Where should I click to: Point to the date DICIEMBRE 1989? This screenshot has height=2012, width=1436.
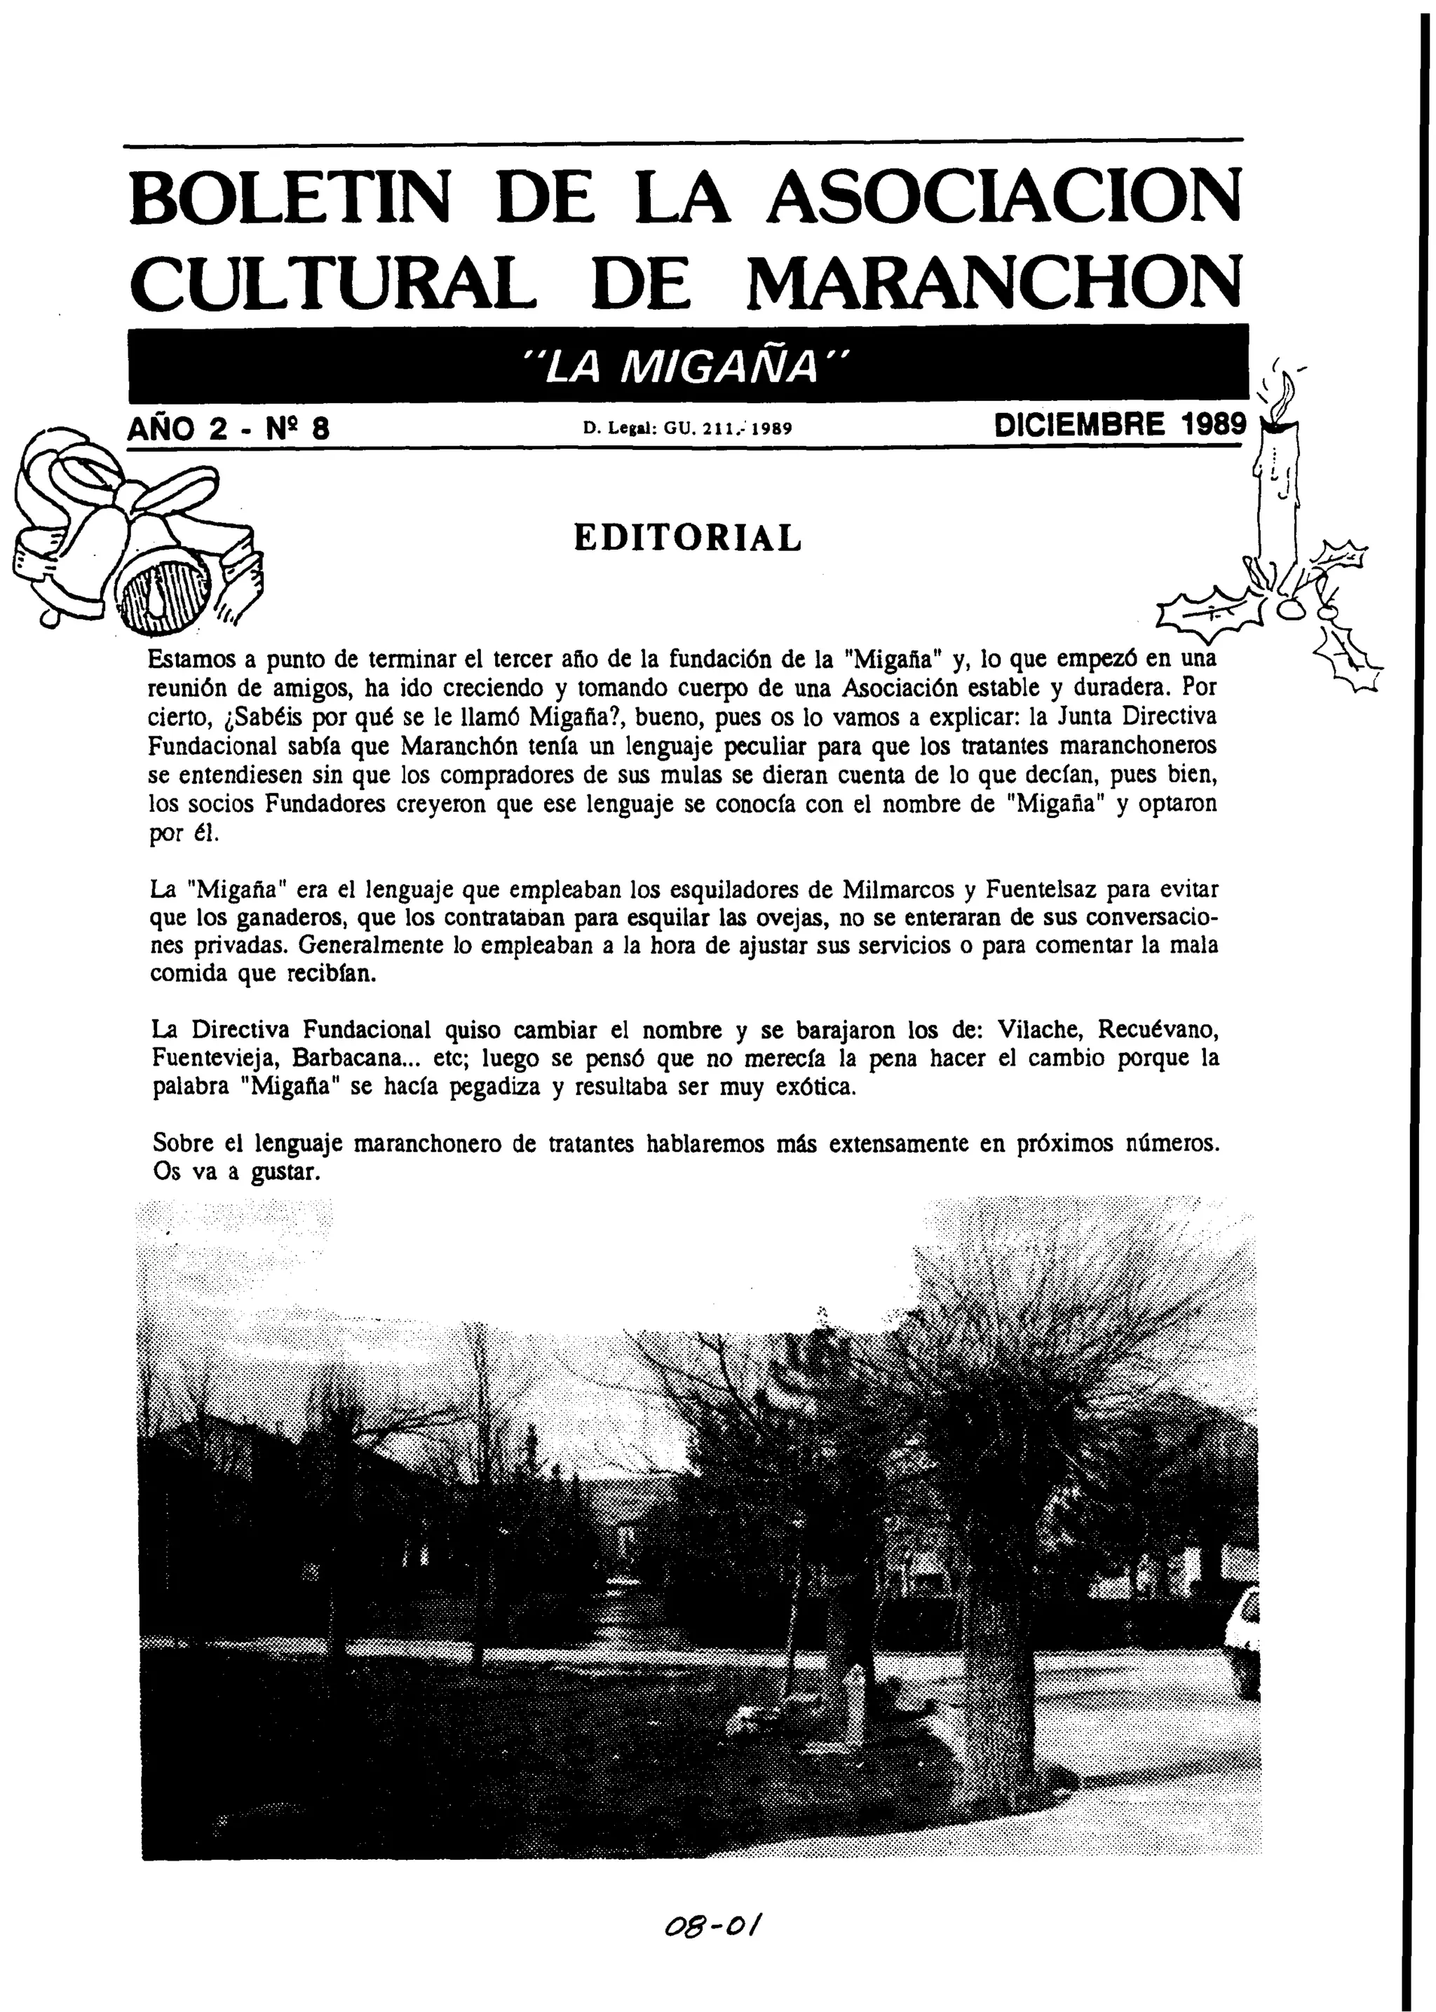pyautogui.click(x=1120, y=426)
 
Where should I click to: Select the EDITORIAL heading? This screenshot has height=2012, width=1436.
pyautogui.click(x=688, y=538)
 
